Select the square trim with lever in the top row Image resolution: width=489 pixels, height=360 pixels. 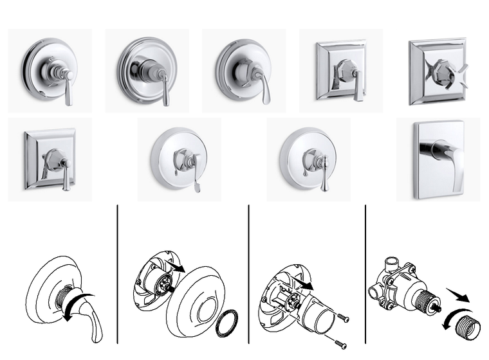341,70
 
